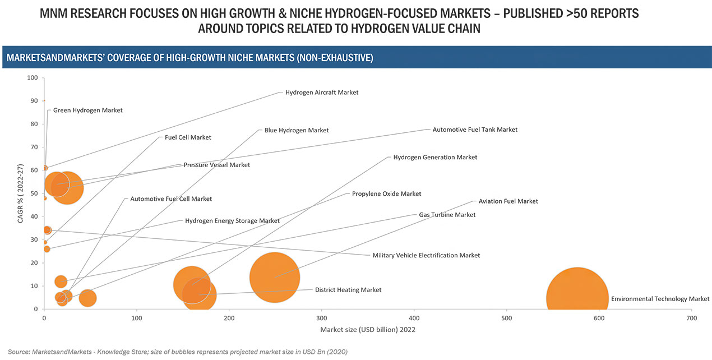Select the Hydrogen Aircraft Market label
click(321, 93)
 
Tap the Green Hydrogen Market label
click(87, 110)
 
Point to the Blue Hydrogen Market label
click(296, 130)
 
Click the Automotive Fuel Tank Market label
click(474, 130)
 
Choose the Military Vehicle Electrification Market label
click(426, 255)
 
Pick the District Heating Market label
click(348, 290)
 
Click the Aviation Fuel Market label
click(507, 201)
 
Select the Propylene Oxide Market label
click(386, 193)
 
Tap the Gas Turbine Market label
click(447, 215)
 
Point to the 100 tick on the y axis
click(33, 78)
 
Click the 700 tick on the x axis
click(692, 318)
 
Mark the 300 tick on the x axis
click(321, 318)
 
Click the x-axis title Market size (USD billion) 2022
click(368, 330)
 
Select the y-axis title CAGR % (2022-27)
click(20, 193)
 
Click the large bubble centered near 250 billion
click(275, 276)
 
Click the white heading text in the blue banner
click(189, 58)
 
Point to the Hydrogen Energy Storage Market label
click(232, 221)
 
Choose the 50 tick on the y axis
click(34, 193)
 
